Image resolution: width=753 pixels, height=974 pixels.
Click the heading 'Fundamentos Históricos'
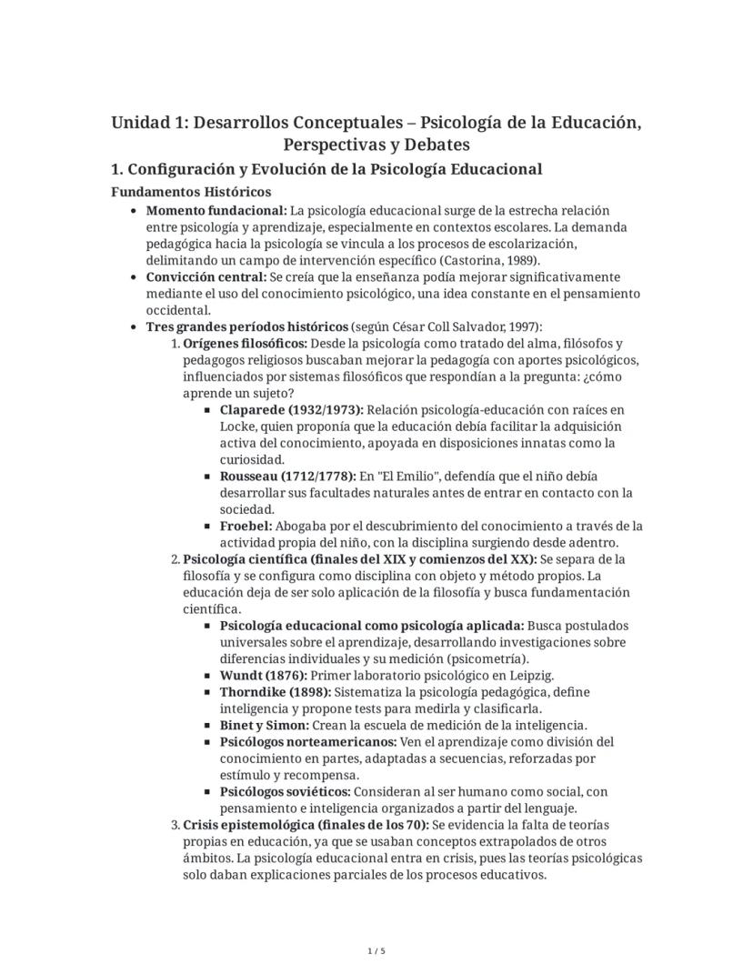190,192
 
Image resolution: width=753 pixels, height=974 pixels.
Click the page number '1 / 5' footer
376,951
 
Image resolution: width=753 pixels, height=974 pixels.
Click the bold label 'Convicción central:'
200,276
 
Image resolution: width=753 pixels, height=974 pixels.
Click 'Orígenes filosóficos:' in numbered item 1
245,343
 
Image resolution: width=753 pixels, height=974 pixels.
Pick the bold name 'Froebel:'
246,526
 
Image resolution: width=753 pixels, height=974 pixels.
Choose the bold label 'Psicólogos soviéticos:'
285,791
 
